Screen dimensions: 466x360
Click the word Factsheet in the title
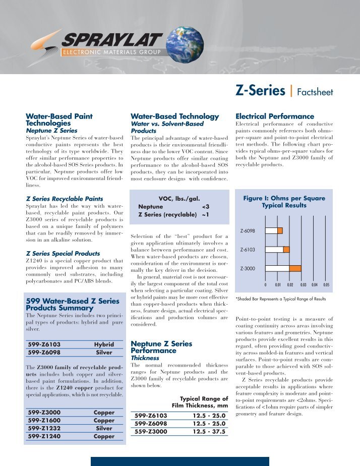[x=315, y=92]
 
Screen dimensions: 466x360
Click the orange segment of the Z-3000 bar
[x=295, y=268]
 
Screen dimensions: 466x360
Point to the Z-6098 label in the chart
[x=247, y=230]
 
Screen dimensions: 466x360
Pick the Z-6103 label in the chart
[x=247, y=249]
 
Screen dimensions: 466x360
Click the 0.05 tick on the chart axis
[x=326, y=285]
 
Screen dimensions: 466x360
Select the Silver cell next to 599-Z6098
[x=104, y=353]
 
